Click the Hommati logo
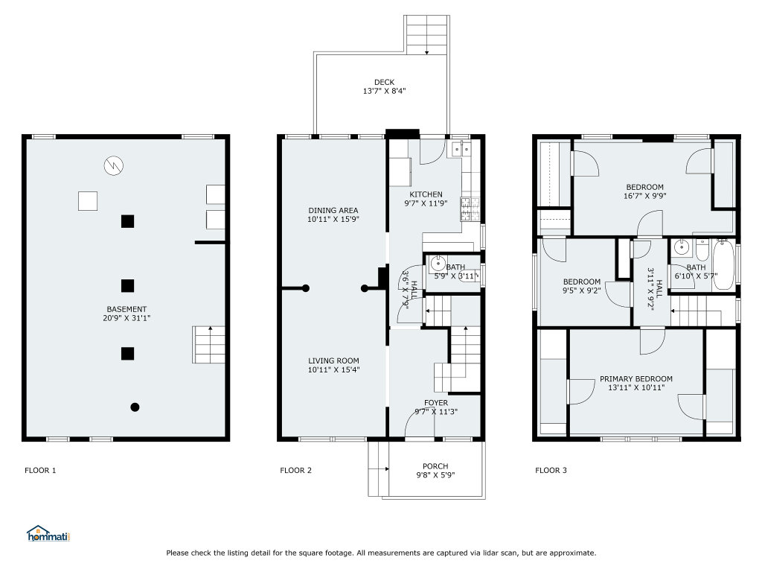(x=48, y=533)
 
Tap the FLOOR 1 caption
(x=40, y=471)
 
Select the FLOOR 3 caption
(x=551, y=471)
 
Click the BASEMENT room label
(x=127, y=309)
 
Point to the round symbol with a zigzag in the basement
(x=114, y=166)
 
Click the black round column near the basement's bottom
(x=135, y=407)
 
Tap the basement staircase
(x=209, y=344)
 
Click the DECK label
(x=384, y=82)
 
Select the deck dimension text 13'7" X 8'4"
(x=384, y=91)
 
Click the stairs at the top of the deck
(x=426, y=34)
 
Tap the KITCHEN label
(x=426, y=194)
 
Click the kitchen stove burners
(x=470, y=209)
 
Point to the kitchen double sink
(x=461, y=149)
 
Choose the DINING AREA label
(x=333, y=211)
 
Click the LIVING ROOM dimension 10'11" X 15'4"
(x=333, y=369)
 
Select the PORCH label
(x=435, y=466)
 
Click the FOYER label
(x=436, y=403)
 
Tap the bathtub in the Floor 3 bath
(x=723, y=265)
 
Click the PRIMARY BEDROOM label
(x=636, y=379)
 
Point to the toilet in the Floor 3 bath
(x=702, y=250)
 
